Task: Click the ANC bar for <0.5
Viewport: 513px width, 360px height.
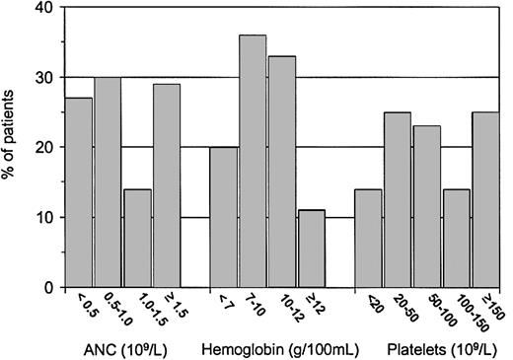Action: pyautogui.click(x=79, y=192)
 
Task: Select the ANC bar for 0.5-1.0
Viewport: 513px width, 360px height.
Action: pyautogui.click(x=109, y=182)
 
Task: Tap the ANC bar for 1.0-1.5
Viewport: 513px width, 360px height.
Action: pyautogui.click(x=137, y=238)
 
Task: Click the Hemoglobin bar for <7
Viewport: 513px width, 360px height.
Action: pyautogui.click(x=224, y=217)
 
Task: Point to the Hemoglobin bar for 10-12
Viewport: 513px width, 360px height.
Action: pyautogui.click(x=282, y=172)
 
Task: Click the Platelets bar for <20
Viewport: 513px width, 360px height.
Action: pyautogui.click(x=369, y=238)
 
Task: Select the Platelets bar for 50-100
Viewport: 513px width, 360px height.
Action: pyautogui.click(x=427, y=206)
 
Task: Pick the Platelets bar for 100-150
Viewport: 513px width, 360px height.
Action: pyautogui.click(x=456, y=238)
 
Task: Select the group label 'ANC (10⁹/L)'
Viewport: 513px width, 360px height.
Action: pyautogui.click(x=111, y=348)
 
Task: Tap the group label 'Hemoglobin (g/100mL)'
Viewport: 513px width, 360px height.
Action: pyautogui.click(x=264, y=348)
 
